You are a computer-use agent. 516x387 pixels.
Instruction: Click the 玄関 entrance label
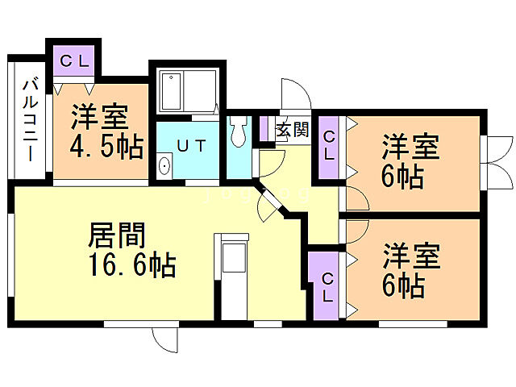pyautogui.click(x=291, y=130)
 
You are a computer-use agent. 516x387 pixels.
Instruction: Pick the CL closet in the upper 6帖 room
pyautogui.click(x=329, y=145)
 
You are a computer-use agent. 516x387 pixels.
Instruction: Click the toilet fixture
pyautogui.click(x=239, y=131)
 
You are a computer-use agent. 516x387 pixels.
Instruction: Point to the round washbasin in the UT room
pyautogui.click(x=165, y=168)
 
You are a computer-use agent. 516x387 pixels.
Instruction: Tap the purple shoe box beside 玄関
pyautogui.click(x=264, y=129)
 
